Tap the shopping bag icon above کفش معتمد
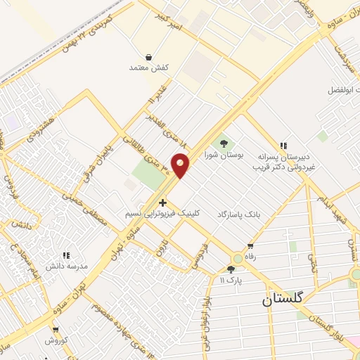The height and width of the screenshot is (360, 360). (x=149, y=57)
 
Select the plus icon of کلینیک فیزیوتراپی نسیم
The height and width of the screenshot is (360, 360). (x=163, y=202)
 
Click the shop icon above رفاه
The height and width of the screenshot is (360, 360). (x=250, y=246)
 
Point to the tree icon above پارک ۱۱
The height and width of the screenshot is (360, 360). (x=231, y=269)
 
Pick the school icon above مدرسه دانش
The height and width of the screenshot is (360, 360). (x=67, y=255)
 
